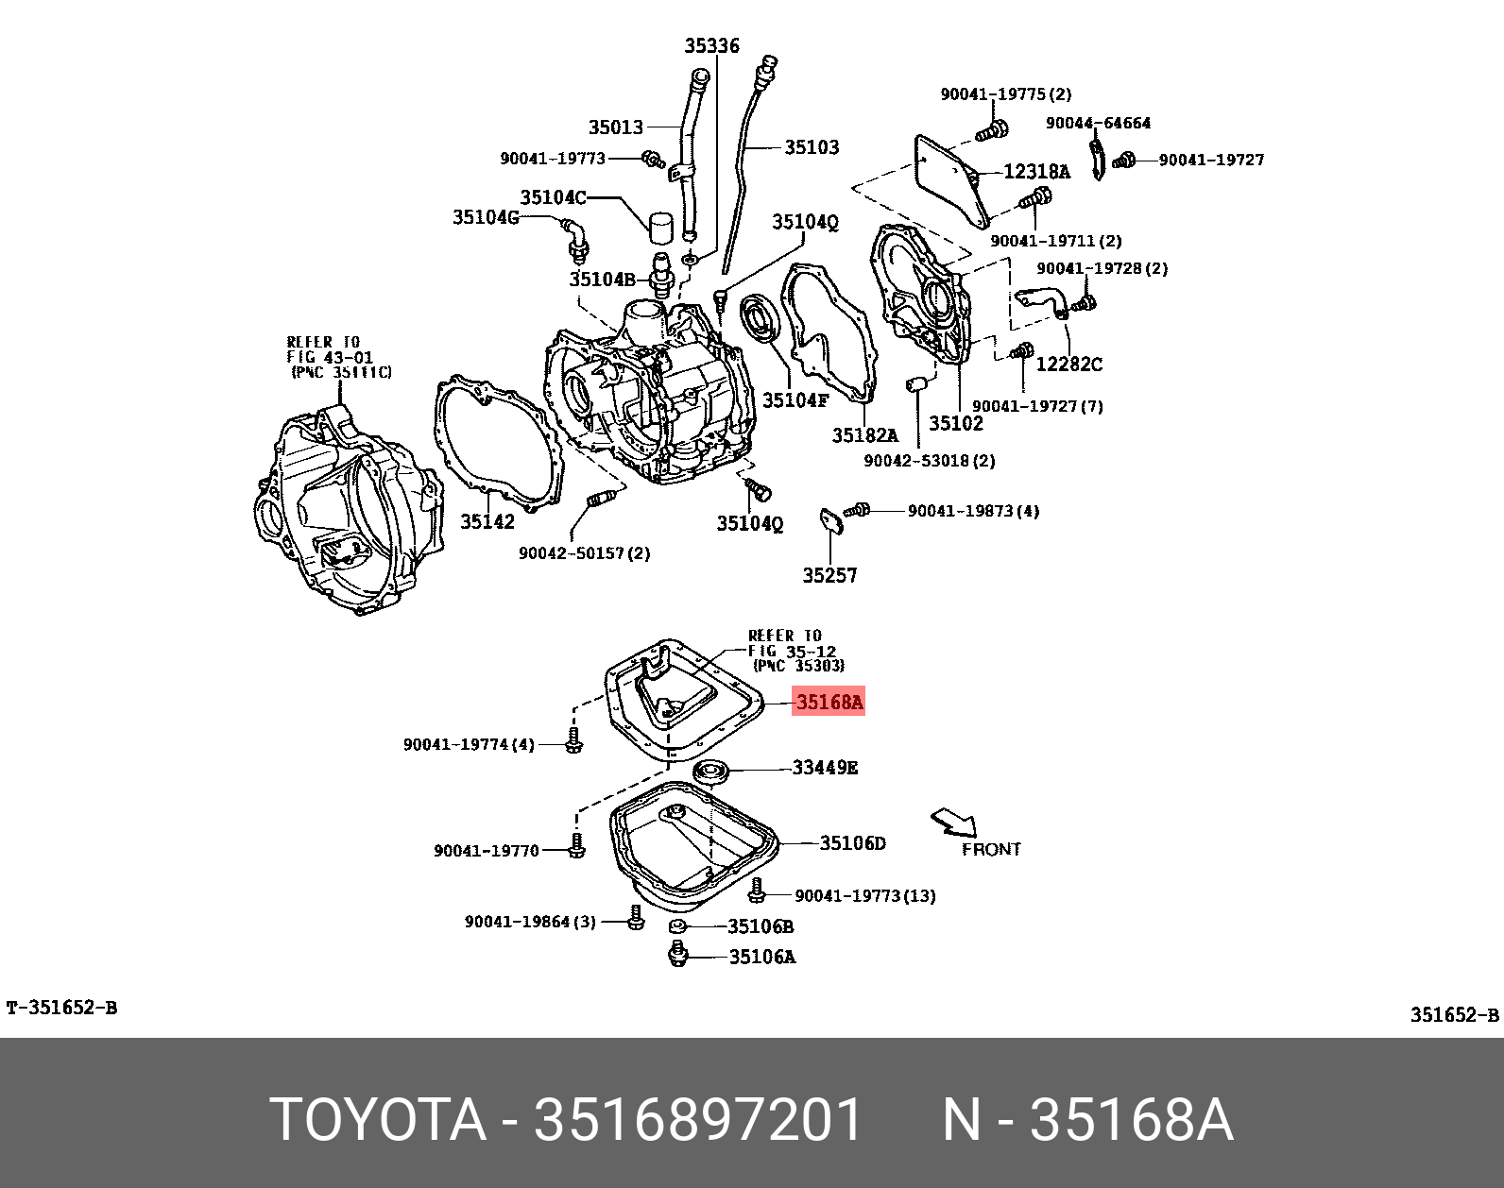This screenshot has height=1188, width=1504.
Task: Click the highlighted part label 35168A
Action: click(x=829, y=703)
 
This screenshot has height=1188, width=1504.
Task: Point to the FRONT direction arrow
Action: click(x=952, y=822)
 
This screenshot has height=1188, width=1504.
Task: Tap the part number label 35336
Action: click(x=711, y=45)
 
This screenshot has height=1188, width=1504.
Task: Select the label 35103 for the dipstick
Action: click(x=812, y=147)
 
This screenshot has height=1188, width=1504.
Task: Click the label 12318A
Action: click(x=1036, y=172)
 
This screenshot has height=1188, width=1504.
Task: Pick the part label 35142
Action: click(x=487, y=521)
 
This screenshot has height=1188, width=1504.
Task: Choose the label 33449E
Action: click(x=825, y=768)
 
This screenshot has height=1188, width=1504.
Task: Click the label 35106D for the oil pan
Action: click(x=852, y=842)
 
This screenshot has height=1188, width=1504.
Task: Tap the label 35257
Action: click(x=829, y=575)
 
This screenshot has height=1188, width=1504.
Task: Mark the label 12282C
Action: click(x=1068, y=365)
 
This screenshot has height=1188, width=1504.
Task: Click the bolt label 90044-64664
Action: click(x=1098, y=123)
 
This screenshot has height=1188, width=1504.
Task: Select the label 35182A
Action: click(x=863, y=435)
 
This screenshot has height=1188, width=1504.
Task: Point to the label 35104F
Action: click(x=795, y=399)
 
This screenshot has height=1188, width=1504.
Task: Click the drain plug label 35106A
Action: click(x=761, y=957)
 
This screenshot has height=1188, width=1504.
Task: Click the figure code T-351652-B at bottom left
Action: click(x=62, y=1008)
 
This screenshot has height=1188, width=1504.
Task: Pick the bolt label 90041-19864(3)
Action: click(x=530, y=921)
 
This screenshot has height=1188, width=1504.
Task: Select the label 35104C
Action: click(x=553, y=197)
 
